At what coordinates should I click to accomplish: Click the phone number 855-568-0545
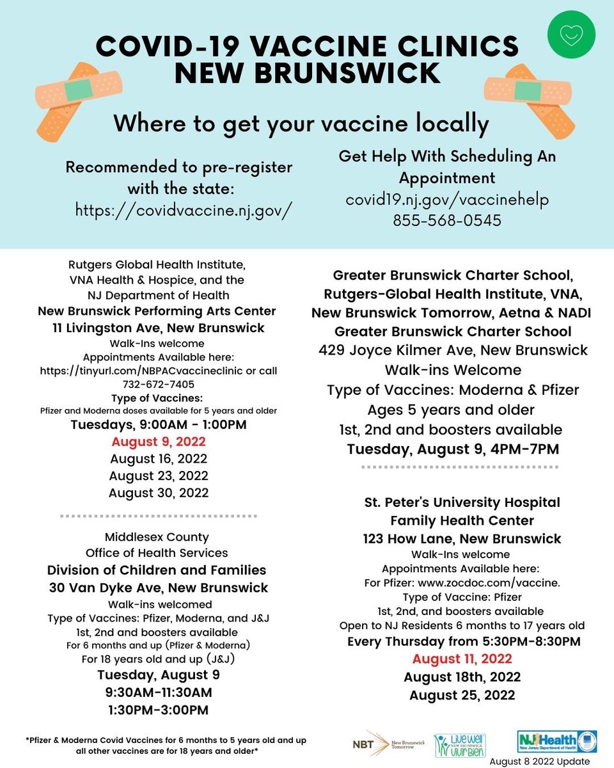point(447,220)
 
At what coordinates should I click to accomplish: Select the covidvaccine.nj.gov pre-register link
point(179,209)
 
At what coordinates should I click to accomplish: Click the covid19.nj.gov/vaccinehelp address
point(447,199)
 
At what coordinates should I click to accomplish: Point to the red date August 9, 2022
point(158,442)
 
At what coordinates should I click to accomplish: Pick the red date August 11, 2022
point(462,659)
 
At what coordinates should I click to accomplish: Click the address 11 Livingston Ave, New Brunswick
point(158,328)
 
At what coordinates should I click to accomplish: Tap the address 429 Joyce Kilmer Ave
point(453,351)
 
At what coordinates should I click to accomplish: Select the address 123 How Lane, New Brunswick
point(461,538)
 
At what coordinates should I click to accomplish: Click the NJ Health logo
point(556,742)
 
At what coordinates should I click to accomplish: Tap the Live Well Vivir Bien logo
point(460,745)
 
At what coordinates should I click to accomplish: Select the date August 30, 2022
point(158,493)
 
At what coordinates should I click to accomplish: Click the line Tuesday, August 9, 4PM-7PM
point(453,449)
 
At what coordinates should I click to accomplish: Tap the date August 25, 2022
point(462,694)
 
